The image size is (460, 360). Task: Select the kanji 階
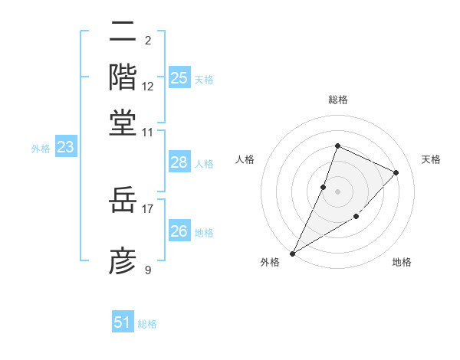tap(123, 77)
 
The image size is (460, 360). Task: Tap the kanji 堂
tap(123, 122)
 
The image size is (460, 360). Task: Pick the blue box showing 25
tap(179, 77)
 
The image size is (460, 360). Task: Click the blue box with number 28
tap(179, 162)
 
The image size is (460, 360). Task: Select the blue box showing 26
tap(179, 231)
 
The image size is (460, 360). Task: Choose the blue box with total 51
tap(123, 322)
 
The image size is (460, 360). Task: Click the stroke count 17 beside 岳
tap(148, 208)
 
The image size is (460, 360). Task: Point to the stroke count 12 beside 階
tap(148, 86)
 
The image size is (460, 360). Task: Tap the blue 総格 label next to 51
tap(147, 324)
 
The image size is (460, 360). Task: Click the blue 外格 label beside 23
tap(41, 149)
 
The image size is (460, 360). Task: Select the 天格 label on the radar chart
tap(431, 159)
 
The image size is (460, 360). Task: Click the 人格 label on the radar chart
tap(245, 159)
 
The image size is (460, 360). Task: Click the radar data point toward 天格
tap(396, 172)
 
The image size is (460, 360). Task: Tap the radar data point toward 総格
tap(337, 146)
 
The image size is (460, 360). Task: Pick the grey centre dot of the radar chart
tap(337, 191)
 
